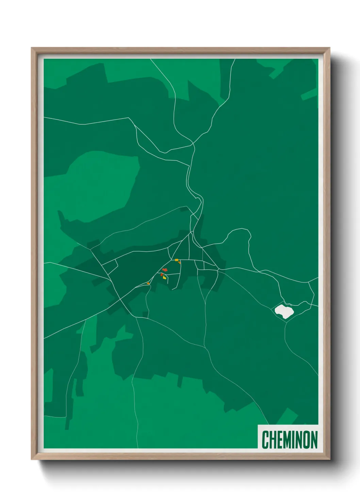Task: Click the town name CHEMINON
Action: (290, 439)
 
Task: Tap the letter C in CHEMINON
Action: (265, 439)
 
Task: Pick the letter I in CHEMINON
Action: (293, 439)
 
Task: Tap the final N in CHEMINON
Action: (314, 439)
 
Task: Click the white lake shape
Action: (284, 311)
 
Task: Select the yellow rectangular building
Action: (177, 260)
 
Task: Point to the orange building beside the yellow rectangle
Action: (179, 262)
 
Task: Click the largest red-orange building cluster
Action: (165, 270)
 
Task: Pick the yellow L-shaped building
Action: (165, 278)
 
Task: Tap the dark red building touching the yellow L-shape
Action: (162, 275)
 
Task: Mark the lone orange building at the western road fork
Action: (148, 283)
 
